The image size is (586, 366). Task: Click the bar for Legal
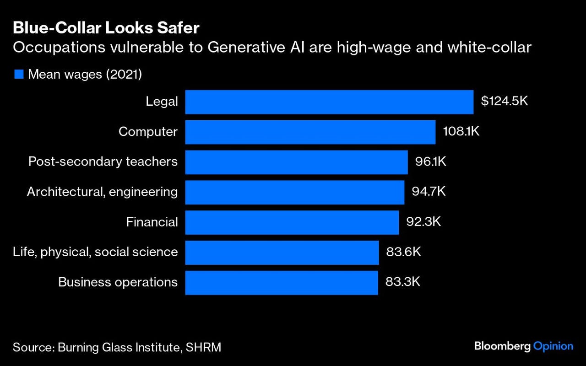(x=329, y=102)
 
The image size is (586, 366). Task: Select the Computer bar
(x=310, y=132)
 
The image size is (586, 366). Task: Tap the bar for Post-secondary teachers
(x=296, y=162)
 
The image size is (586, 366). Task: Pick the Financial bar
(x=292, y=222)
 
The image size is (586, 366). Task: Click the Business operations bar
(x=281, y=282)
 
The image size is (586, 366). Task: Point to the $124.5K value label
(x=504, y=101)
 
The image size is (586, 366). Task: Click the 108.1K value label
(x=461, y=132)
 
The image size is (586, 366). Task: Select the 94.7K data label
(x=429, y=192)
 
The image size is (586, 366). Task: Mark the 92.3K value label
(x=423, y=222)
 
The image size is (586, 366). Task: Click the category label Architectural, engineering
(x=102, y=192)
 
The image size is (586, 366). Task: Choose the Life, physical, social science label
(x=95, y=252)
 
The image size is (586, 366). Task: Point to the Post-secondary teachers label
(x=103, y=162)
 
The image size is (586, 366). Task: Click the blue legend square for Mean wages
(x=19, y=75)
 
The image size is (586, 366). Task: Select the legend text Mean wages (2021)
(x=85, y=75)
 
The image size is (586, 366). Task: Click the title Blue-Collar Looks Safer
(x=106, y=28)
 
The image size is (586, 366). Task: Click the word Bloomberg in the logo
(x=502, y=346)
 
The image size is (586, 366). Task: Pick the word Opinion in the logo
(x=553, y=346)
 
